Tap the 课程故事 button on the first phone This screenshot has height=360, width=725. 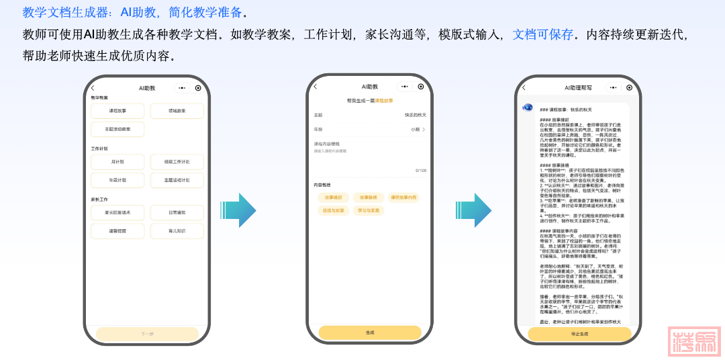click(117, 111)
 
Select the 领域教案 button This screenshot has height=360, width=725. click(177, 111)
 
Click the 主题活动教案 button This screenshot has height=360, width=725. click(117, 128)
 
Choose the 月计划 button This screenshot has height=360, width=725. click(117, 162)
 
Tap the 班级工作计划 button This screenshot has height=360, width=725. click(177, 162)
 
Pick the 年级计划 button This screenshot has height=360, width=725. click(117, 180)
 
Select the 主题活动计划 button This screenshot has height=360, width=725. click(177, 180)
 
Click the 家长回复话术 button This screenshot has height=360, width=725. click(117, 213)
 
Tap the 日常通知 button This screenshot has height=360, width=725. click(177, 213)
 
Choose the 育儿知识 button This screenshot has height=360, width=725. click(177, 231)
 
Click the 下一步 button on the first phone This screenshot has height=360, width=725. click(147, 334)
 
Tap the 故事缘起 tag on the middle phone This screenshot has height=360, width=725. click(334, 197)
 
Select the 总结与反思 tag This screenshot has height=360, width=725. click(334, 210)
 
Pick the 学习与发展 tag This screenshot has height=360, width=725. click(369, 210)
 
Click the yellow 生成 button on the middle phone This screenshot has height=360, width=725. click(370, 332)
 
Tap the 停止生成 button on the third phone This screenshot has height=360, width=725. click(579, 334)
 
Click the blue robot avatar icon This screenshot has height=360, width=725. click(528, 107)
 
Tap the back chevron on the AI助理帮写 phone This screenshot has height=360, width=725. click(524, 87)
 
